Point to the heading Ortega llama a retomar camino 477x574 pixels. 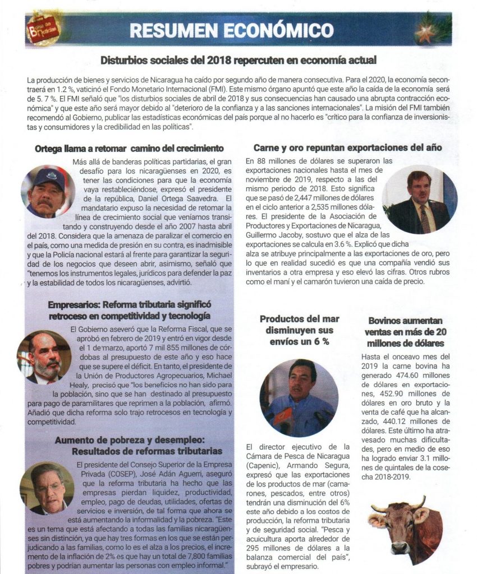[129, 149]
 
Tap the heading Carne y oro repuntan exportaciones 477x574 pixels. [347, 148]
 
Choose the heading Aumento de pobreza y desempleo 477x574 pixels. [137, 445]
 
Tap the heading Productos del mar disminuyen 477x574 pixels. [298, 330]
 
